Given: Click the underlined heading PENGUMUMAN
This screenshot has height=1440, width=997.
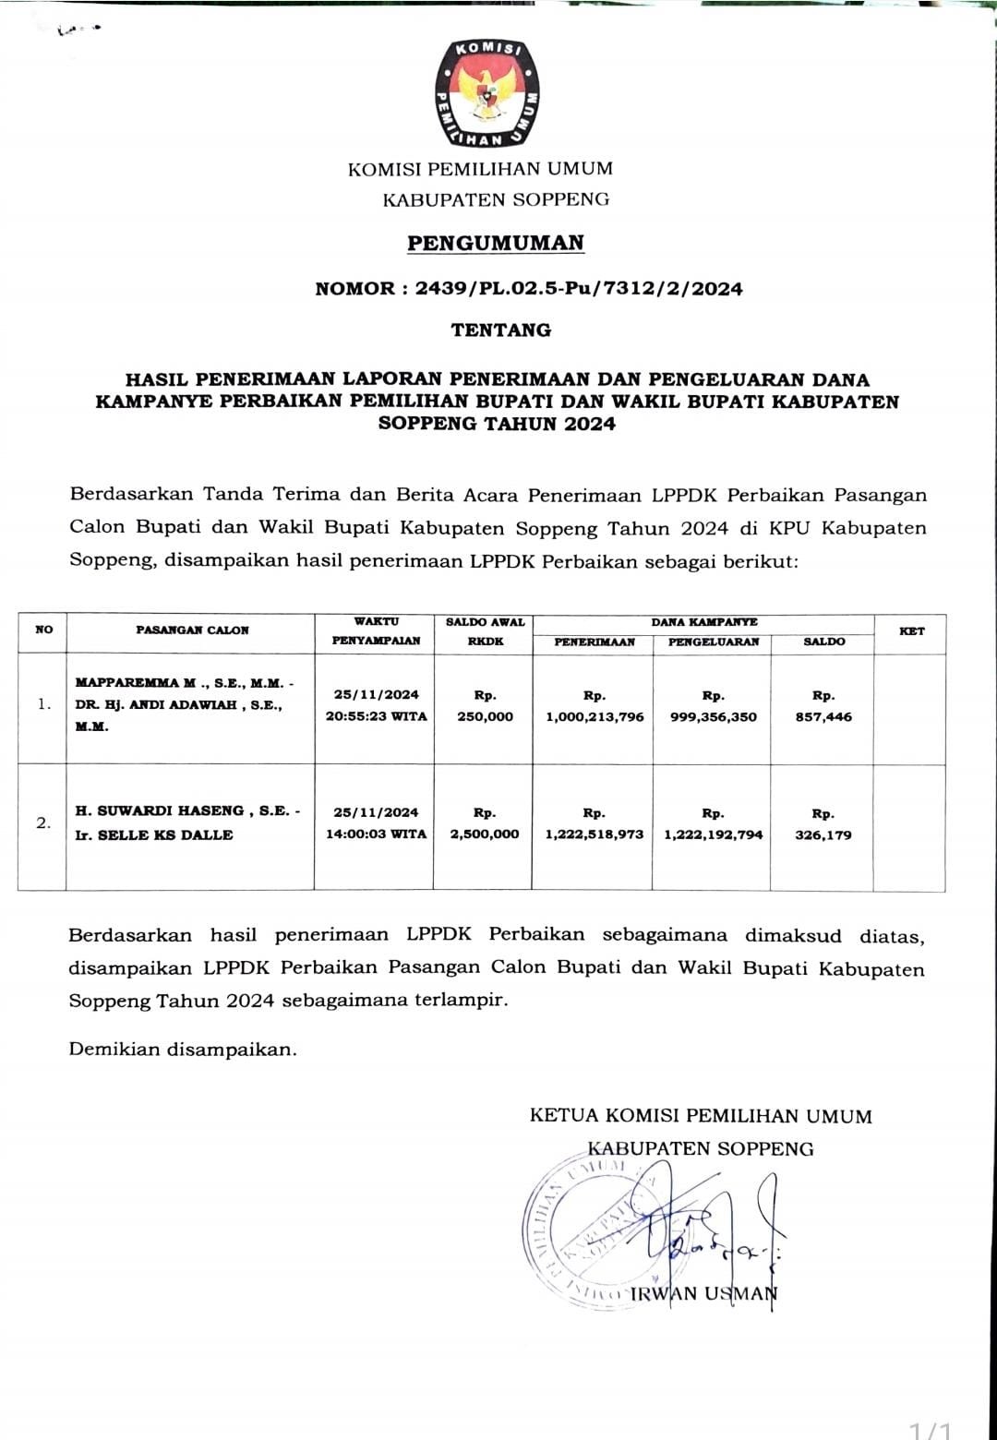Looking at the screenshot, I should click(x=496, y=244).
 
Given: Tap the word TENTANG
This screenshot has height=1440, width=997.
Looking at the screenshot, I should click(x=500, y=330).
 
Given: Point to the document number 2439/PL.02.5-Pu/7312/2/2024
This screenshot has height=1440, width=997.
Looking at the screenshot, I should click(x=579, y=289).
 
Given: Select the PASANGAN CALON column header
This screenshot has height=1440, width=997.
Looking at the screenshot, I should click(x=192, y=630).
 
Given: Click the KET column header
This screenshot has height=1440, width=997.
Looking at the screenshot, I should click(x=911, y=631).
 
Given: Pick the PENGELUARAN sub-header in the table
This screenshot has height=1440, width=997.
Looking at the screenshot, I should click(x=713, y=642).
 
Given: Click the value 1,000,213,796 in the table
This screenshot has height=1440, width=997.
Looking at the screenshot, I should click(x=595, y=717).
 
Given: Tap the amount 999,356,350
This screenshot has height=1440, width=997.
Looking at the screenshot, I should click(x=713, y=717).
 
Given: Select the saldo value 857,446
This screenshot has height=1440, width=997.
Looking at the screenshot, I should click(x=823, y=717).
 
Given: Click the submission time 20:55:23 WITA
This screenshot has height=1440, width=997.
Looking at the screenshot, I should click(x=376, y=716).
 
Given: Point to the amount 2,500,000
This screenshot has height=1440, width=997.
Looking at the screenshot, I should click(x=485, y=834).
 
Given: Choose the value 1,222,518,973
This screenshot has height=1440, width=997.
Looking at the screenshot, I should click(x=595, y=834).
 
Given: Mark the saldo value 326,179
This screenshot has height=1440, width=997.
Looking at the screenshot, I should click(x=823, y=835).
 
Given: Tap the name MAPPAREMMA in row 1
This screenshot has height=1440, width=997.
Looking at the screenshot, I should click(x=127, y=683).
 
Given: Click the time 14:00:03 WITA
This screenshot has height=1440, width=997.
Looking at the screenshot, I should click(x=376, y=834).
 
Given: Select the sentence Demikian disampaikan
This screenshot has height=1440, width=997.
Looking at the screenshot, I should click(x=183, y=1050).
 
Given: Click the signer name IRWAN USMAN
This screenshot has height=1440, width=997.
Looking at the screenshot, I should click(x=703, y=1294).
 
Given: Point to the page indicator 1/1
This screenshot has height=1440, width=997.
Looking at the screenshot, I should click(x=931, y=1429).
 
